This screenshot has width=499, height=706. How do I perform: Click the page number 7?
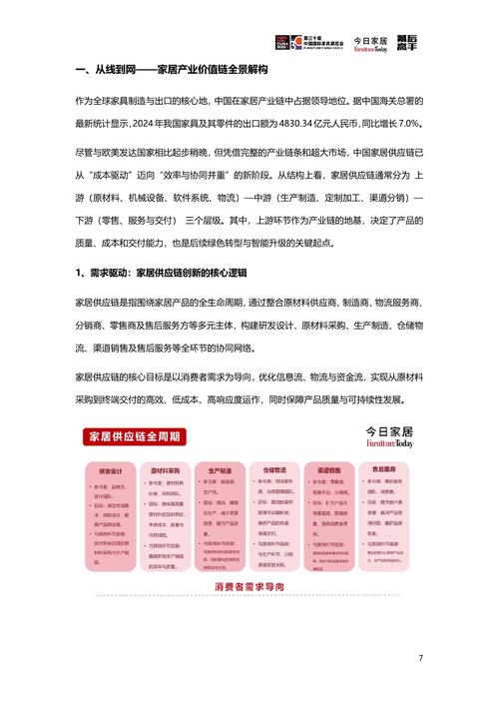(x=421, y=658)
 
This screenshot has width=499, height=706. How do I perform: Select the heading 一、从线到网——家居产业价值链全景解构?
(x=179, y=72)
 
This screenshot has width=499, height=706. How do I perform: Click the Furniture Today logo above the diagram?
(x=388, y=410)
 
